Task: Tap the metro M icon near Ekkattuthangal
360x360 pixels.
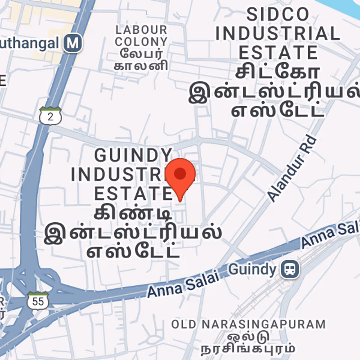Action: [x=72, y=43]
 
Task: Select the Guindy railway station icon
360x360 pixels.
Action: [x=289, y=270]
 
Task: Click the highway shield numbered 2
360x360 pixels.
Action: [x=50, y=116]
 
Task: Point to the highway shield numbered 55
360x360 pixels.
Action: [x=37, y=301]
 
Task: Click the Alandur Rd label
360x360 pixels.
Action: [x=292, y=168]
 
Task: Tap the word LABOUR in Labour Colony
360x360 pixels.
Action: [x=141, y=30]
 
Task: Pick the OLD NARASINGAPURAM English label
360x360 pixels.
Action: [x=248, y=324]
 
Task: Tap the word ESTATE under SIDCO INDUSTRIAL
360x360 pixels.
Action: [x=278, y=52]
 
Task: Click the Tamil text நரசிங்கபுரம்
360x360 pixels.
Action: [x=248, y=348]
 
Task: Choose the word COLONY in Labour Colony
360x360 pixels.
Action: [x=141, y=42]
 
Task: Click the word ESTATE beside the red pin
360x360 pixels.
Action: [x=133, y=193]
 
